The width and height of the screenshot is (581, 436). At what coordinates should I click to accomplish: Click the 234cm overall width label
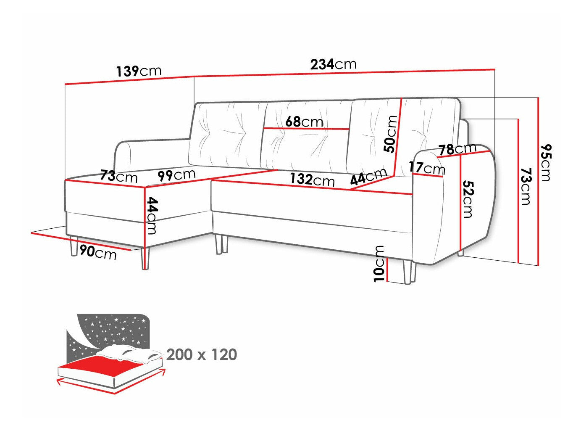pos(333,64)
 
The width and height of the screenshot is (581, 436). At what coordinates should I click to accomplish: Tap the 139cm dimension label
pos(139,71)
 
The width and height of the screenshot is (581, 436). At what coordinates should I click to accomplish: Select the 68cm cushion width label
pos(304,122)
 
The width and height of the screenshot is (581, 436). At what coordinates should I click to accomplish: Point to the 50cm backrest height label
pos(390,134)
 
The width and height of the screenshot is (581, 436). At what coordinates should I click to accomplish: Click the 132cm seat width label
pos(312,180)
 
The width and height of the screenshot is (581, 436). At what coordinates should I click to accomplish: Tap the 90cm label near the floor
pos(98,252)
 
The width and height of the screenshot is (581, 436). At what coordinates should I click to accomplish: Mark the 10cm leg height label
pos(379,263)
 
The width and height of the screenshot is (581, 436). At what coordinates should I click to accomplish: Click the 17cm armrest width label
pos(427,168)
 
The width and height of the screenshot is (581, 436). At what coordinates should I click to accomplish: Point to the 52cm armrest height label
pos(467,199)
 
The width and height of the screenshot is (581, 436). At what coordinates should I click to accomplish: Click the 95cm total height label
pos(546,162)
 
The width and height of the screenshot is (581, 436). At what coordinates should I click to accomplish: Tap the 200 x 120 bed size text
pos(202,355)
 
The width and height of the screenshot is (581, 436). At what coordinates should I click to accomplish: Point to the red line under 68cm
pos(306,128)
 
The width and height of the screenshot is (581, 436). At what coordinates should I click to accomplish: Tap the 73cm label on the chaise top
pos(119,176)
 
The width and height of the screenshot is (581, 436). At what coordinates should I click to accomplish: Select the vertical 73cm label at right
pos(525,186)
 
